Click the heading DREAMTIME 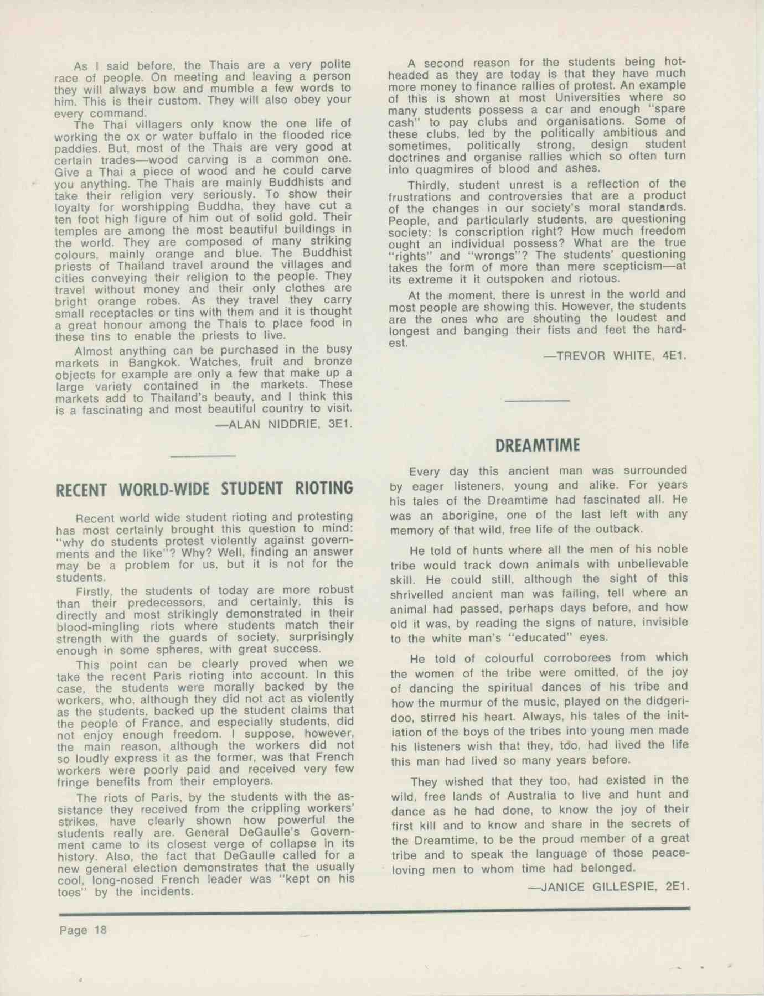point(537,445)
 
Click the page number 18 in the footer point(100,930)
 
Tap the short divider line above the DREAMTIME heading point(537,400)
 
